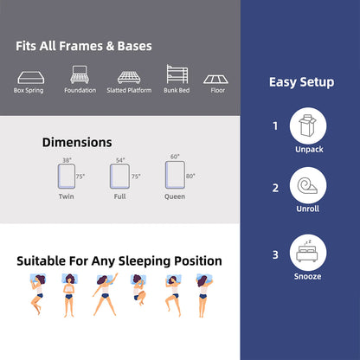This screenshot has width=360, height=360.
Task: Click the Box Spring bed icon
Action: click(31, 77)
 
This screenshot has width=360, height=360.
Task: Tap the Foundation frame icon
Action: click(80, 74)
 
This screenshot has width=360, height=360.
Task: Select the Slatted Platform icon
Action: click(129, 77)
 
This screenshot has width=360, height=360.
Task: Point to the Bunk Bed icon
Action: click(177, 74)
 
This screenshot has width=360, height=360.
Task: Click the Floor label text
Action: click(217, 90)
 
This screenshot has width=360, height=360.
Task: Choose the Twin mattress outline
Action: click(67, 177)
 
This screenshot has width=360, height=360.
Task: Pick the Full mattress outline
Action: click(119, 177)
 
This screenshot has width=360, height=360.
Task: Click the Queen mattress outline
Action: click(175, 175)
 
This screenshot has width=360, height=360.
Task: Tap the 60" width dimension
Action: click(175, 157)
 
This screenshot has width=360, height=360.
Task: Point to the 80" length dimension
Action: click(190, 176)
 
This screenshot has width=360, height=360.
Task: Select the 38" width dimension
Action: click(67, 160)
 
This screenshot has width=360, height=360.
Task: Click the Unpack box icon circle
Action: click(308, 126)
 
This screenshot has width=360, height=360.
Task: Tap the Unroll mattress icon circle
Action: click(308, 185)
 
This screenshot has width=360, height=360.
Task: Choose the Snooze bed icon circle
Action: click(308, 253)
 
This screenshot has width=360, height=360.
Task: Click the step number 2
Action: click(275, 188)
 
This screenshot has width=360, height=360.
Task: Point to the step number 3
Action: click(275, 255)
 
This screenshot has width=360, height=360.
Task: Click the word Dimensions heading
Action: click(77, 143)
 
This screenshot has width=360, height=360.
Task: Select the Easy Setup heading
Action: click(302, 82)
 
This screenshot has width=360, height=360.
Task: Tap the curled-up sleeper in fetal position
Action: click(139, 289)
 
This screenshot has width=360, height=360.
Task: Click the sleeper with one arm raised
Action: click(106, 294)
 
